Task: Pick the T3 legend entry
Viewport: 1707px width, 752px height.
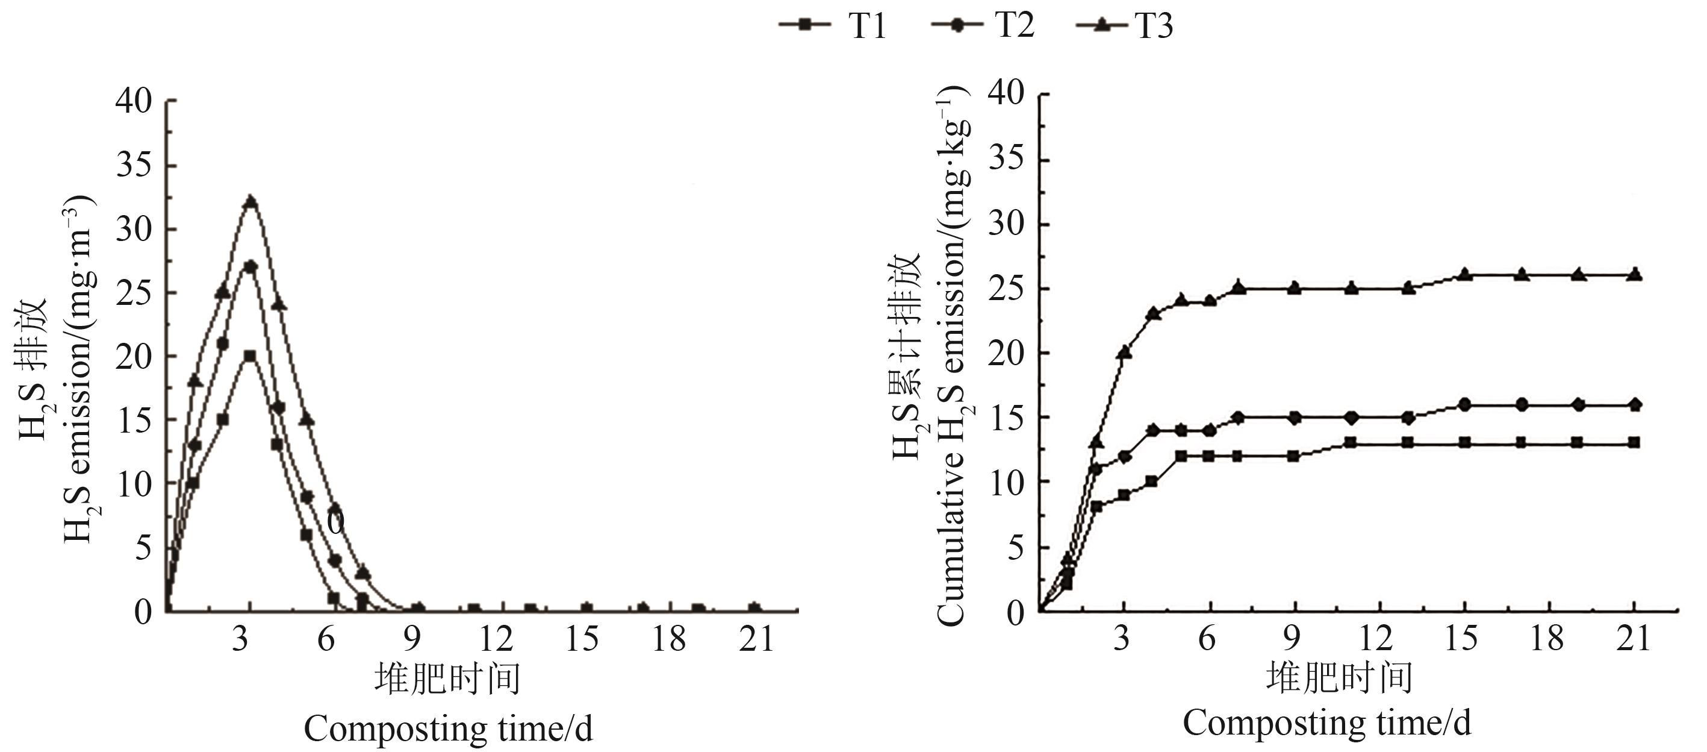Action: click(1125, 26)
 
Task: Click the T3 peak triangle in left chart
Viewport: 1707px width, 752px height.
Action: click(250, 202)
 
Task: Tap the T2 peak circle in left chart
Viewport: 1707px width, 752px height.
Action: click(250, 266)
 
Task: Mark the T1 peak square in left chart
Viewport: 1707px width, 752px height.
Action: click(250, 356)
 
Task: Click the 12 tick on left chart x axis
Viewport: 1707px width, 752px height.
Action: click(496, 639)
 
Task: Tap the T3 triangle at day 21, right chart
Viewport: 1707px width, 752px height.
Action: click(1635, 275)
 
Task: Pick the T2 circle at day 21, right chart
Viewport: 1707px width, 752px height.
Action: click(1635, 404)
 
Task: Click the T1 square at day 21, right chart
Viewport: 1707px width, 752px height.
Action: click(1635, 442)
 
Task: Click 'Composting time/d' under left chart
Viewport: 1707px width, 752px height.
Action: click(448, 728)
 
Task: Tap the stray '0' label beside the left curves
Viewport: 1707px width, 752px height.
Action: click(336, 522)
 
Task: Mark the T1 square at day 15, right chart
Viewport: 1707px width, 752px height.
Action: click(1465, 442)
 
